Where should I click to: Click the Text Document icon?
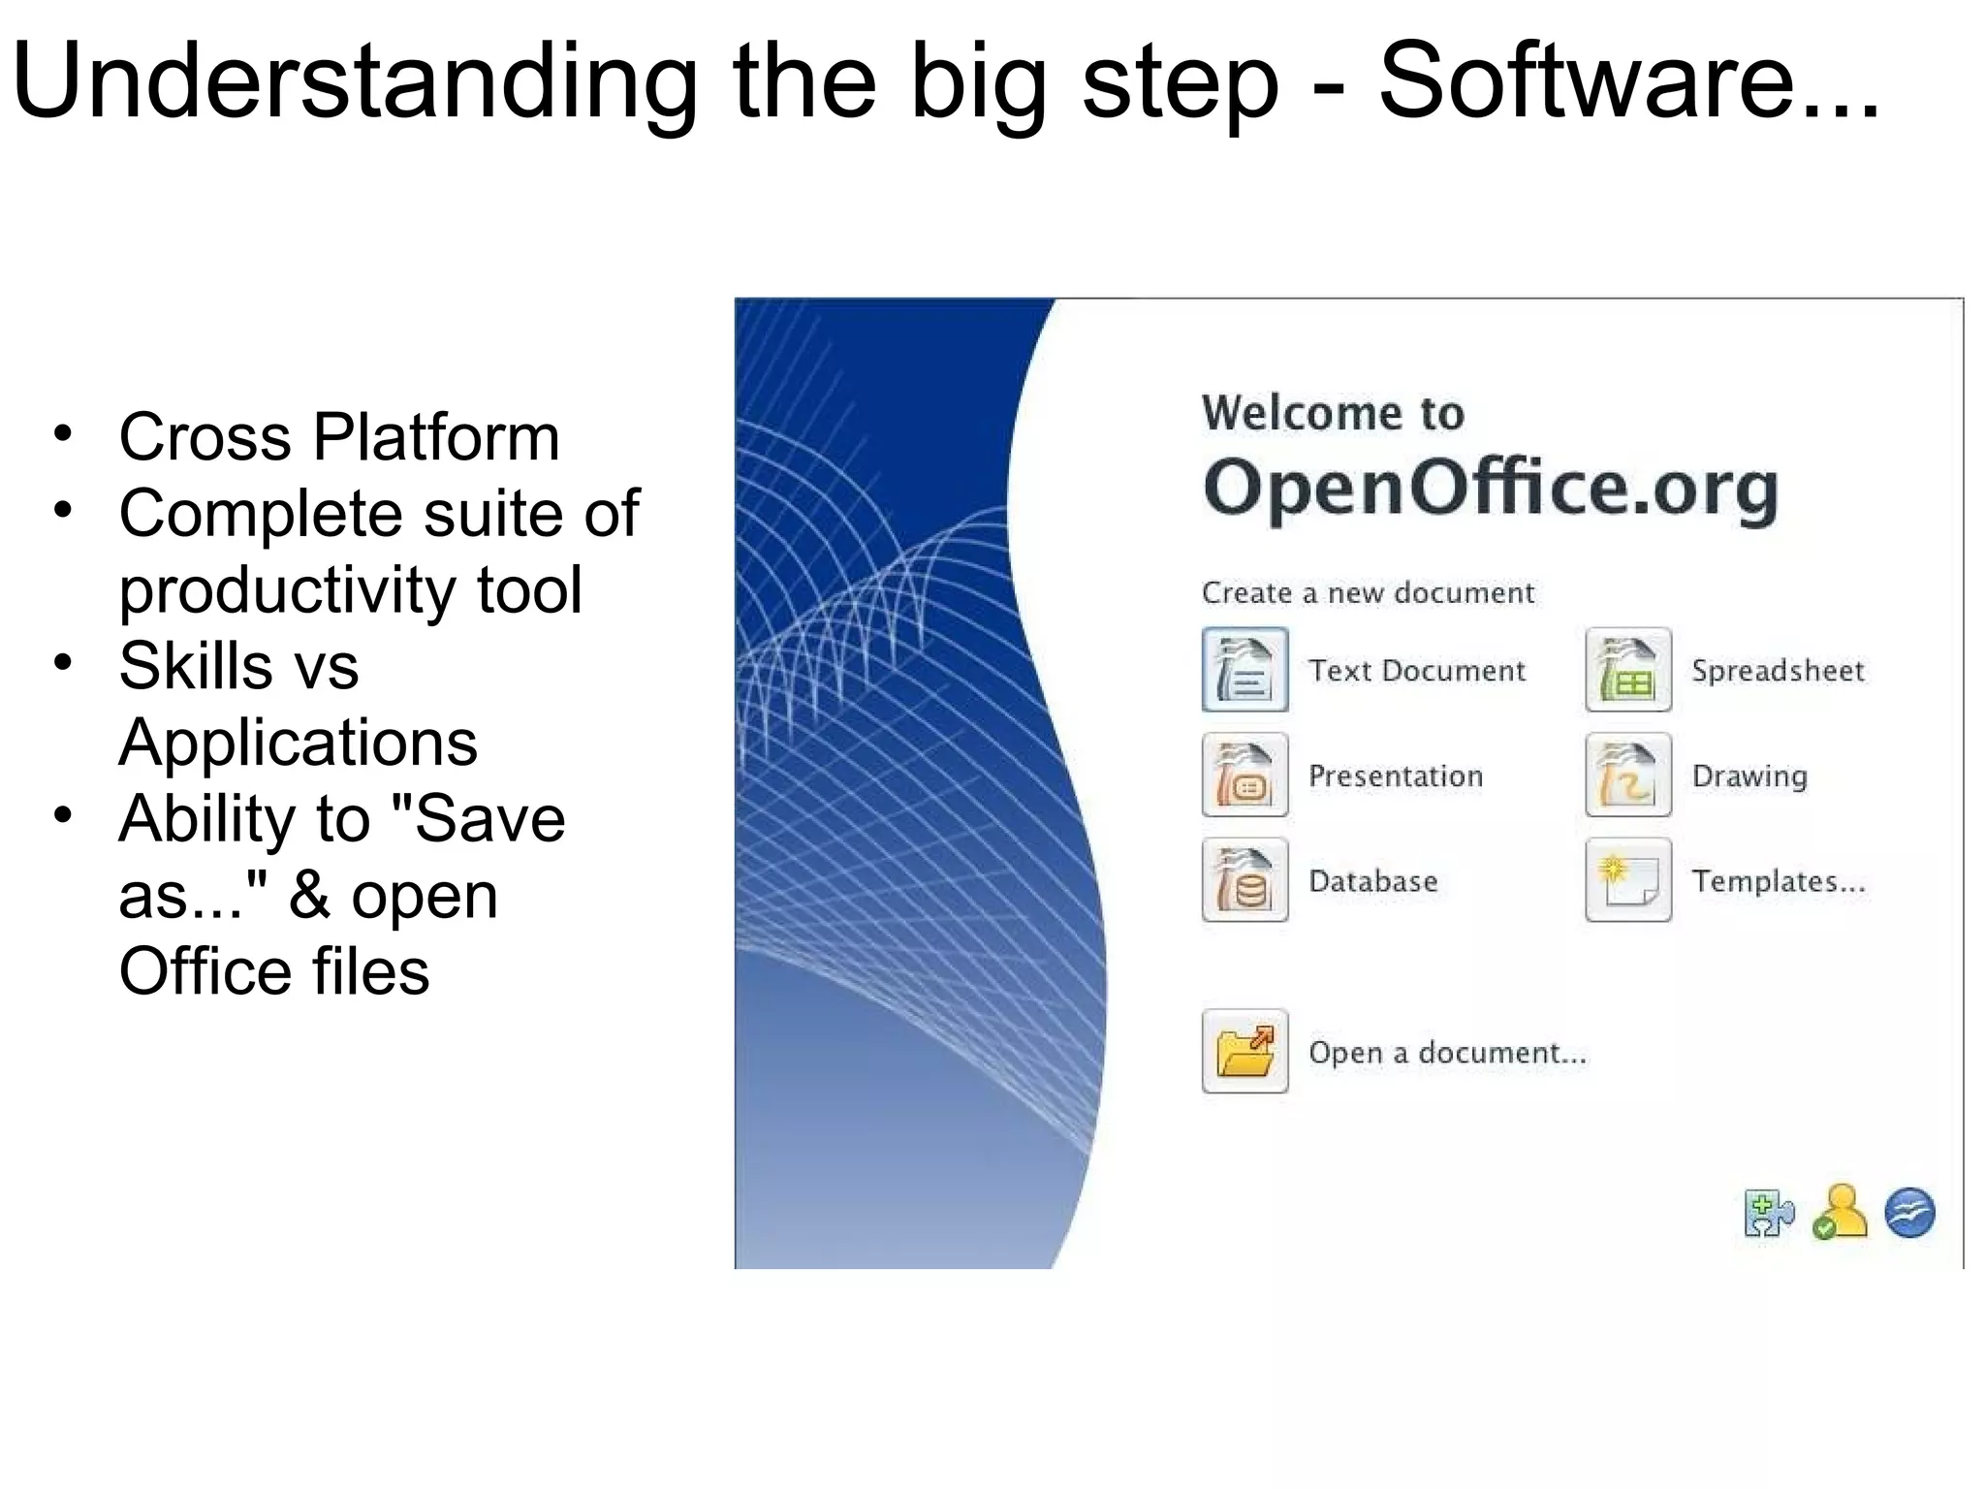[x=1245, y=669]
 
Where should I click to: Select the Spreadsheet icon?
[x=1627, y=669]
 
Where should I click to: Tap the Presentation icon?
[x=1245, y=775]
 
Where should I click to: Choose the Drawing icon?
[x=1627, y=775]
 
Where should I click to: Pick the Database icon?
[x=1245, y=880]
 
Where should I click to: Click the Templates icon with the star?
[x=1627, y=880]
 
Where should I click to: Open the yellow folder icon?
[x=1245, y=1051]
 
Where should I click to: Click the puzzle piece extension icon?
[x=1768, y=1213]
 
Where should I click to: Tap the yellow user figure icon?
[x=1839, y=1212]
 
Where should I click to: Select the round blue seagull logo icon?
[x=1909, y=1213]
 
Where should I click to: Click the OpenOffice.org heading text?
[x=1490, y=488]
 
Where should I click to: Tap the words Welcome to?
[x=1333, y=413]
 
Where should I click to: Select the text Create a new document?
[x=1368, y=592]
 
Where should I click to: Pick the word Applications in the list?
[x=298, y=743]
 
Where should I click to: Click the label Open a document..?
[x=1447, y=1053]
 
